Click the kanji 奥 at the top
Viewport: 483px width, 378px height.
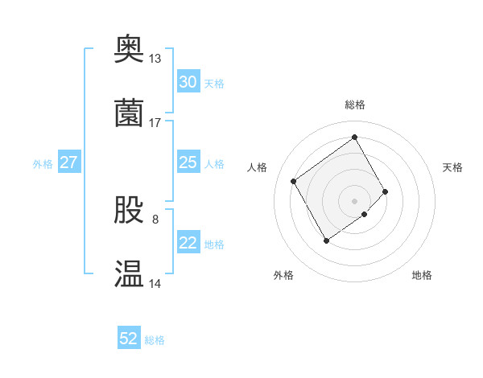click(x=129, y=48)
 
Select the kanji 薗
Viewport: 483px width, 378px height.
click(x=129, y=113)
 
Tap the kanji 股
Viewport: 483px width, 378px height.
click(x=129, y=210)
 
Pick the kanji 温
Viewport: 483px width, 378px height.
click(x=129, y=274)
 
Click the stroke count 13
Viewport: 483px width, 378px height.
click(x=155, y=59)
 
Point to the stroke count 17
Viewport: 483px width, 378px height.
click(x=155, y=123)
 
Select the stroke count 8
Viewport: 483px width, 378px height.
click(x=155, y=219)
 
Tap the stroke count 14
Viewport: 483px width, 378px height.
click(x=155, y=284)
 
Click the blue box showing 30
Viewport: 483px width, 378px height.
click(x=188, y=82)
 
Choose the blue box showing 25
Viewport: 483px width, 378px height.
click(x=188, y=162)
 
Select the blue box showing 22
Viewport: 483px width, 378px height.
click(x=188, y=243)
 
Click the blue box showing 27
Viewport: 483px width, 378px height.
click(x=68, y=162)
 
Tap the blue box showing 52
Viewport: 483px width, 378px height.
click(x=129, y=339)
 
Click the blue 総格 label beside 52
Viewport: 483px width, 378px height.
click(x=155, y=340)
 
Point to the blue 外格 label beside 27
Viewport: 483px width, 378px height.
click(x=43, y=164)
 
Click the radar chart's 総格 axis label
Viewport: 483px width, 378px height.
click(x=355, y=105)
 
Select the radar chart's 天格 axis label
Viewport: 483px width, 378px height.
click(x=453, y=167)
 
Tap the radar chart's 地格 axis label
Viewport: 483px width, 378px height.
click(x=422, y=275)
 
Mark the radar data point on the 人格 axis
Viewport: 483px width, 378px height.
click(x=294, y=181)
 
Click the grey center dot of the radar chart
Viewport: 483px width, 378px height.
click(x=355, y=200)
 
